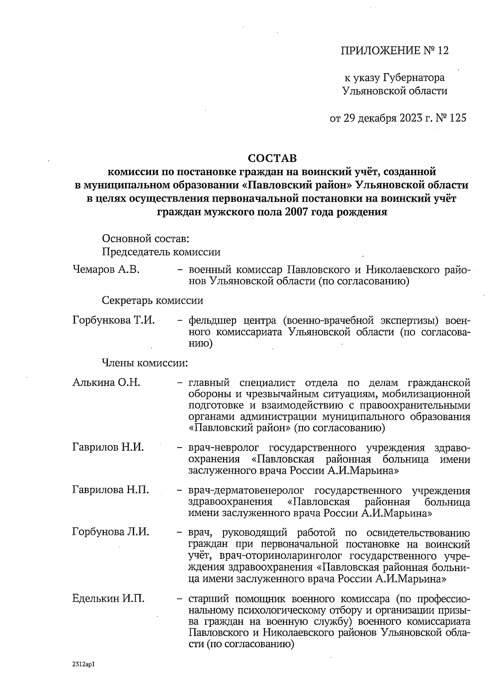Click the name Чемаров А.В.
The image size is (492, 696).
(x=106, y=269)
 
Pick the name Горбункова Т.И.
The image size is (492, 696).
(x=114, y=320)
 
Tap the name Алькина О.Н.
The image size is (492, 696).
(x=106, y=383)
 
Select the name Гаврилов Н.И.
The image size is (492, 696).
(x=108, y=447)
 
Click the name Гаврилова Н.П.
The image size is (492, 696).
(x=110, y=489)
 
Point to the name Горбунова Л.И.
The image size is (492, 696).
(x=110, y=532)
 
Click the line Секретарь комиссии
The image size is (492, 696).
(x=153, y=300)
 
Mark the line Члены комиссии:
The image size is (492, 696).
(x=145, y=363)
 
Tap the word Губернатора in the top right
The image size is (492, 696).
(x=414, y=77)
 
